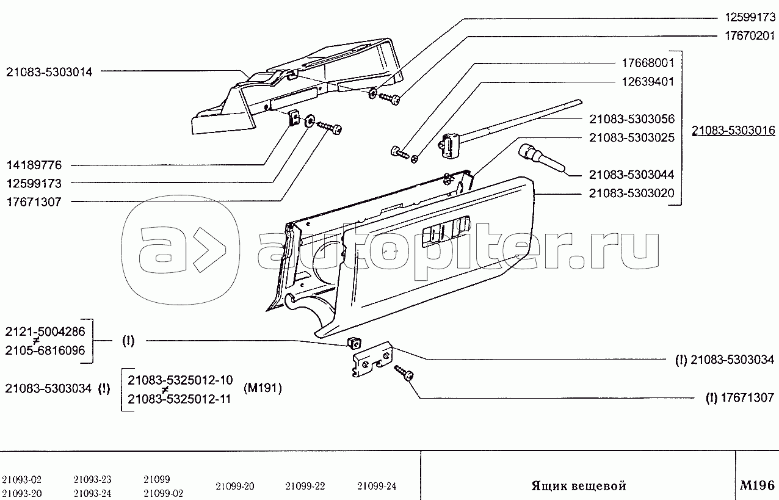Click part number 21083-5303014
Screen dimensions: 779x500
49,72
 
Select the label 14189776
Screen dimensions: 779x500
34,165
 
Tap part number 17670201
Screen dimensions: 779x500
750,36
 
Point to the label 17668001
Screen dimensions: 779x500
648,63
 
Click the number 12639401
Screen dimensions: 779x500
648,82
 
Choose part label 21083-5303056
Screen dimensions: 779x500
631,119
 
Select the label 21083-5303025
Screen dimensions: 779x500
631,138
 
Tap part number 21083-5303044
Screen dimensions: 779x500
631,175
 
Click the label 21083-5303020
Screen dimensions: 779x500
631,194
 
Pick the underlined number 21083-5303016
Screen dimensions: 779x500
733,131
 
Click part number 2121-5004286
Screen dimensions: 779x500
45,332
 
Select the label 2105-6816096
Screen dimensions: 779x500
45,350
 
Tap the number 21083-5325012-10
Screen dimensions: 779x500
180,380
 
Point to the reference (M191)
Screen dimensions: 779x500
263,388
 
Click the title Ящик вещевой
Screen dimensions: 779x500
579,486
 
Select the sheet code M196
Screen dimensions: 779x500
757,485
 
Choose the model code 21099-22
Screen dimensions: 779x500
305,486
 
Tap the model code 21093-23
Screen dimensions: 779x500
92,479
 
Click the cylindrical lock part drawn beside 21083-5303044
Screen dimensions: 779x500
541,158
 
